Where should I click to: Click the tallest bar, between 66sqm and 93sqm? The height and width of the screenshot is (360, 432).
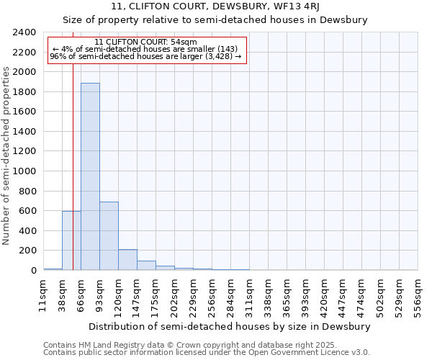[x=90, y=176]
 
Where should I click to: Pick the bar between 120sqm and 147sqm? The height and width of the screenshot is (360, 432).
[x=127, y=260]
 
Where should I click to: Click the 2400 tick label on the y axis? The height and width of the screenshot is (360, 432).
[x=25, y=32]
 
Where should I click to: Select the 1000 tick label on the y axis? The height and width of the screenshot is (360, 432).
[x=25, y=171]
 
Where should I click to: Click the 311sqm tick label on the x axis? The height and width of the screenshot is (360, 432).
[x=249, y=295]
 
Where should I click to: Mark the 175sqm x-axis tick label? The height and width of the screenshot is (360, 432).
[x=156, y=295]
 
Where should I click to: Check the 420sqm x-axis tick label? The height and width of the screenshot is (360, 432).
[x=324, y=295]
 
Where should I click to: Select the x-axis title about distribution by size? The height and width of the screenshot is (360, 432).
[x=230, y=326]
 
